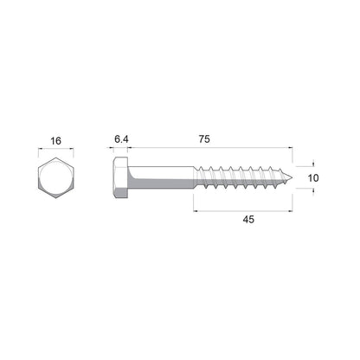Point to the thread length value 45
247,221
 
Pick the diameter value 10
314,178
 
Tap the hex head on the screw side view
119,179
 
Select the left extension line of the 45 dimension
192,201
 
